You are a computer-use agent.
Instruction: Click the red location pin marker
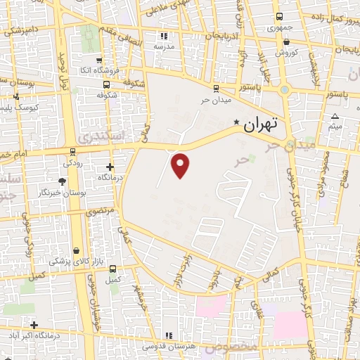pos(181,164)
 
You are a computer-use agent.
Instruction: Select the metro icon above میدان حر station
pos(215,89)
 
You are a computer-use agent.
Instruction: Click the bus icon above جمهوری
pos(280,17)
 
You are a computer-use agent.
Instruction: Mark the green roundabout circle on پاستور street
pos(284,90)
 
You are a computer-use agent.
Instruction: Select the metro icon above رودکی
pos(73,152)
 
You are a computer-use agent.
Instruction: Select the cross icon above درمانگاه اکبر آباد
pos(33,324)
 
